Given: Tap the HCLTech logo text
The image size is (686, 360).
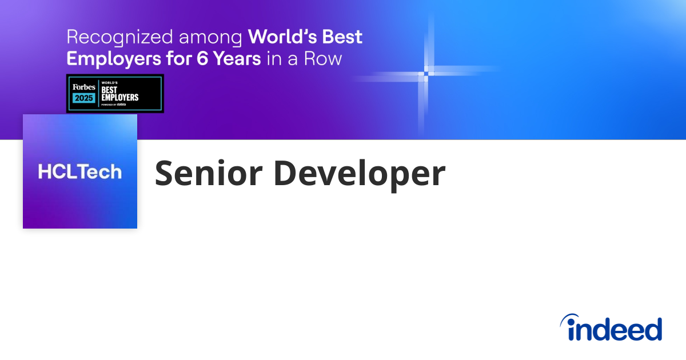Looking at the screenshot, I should [80, 171].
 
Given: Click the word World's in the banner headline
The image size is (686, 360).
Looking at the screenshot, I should [282, 37].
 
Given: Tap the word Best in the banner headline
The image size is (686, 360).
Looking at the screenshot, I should [341, 37].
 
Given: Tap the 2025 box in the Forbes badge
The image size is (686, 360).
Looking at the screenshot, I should [83, 98].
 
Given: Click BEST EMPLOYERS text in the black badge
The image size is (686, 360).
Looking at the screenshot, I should [119, 94].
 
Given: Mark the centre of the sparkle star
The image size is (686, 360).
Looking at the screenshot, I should [426, 73].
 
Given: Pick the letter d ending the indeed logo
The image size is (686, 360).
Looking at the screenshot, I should [652, 329].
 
